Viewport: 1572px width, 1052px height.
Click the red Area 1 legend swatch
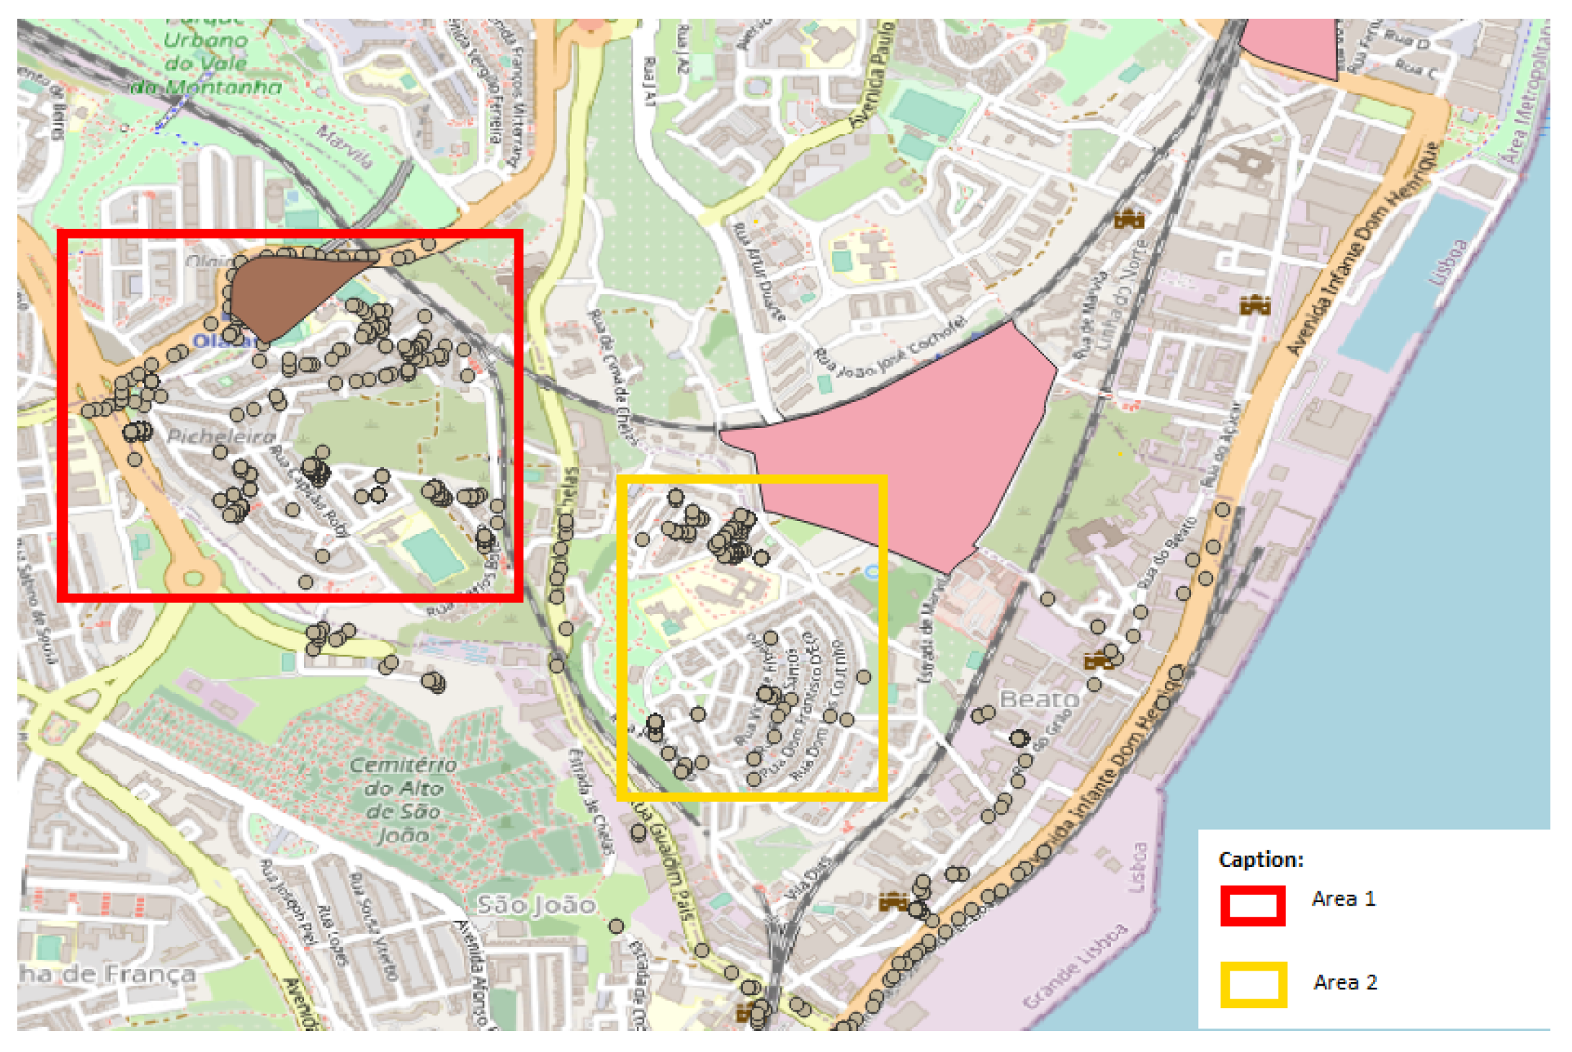pyautogui.click(x=1252, y=905)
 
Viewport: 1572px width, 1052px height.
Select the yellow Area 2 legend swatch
pyautogui.click(x=1253, y=984)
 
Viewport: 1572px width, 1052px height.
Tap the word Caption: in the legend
pyautogui.click(x=1261, y=860)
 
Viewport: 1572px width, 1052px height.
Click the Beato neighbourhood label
pyautogui.click(x=1039, y=699)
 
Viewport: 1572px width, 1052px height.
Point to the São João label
pyautogui.click(x=537, y=905)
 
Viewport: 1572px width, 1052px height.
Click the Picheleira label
pyautogui.click(x=221, y=437)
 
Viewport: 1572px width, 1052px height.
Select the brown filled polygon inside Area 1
pyautogui.click(x=281, y=292)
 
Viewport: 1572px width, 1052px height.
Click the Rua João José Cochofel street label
pyautogui.click(x=890, y=351)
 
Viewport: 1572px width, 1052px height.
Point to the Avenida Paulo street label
pyautogui.click(x=872, y=76)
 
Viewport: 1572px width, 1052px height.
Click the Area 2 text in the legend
pyautogui.click(x=1344, y=983)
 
